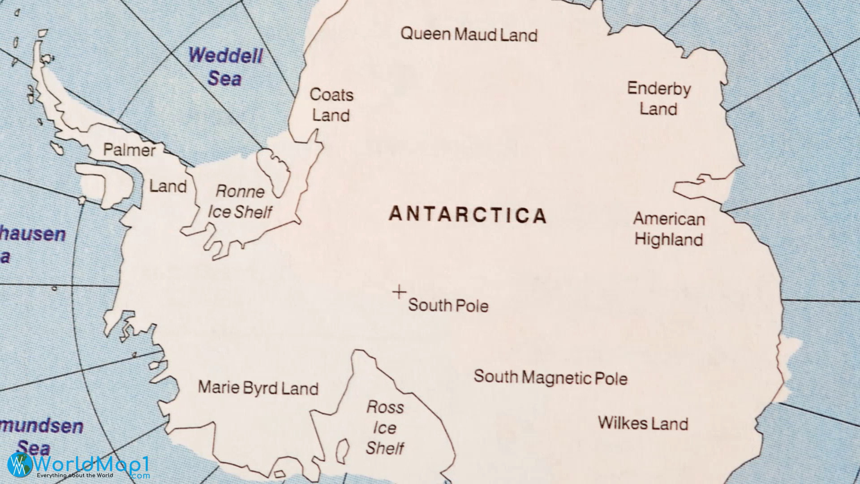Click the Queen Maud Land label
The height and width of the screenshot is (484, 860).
[469, 35]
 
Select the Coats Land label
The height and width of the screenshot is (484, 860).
[331, 105]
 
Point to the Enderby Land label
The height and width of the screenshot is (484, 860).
[658, 99]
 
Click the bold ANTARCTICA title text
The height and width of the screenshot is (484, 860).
[468, 215]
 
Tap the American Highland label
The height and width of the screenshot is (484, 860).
[669, 229]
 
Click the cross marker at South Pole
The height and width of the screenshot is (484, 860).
[399, 293]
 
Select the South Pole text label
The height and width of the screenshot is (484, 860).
[448, 306]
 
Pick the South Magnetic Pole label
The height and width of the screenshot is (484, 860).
[550, 378]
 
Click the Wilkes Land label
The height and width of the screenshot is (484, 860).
[643, 423]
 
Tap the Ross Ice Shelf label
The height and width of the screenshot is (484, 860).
[385, 428]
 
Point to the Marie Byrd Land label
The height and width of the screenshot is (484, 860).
[258, 388]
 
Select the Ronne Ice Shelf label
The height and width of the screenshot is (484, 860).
[240, 202]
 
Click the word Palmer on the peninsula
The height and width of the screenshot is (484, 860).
[129, 150]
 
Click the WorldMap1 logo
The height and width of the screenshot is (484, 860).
[78, 466]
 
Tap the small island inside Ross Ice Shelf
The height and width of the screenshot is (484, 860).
[343, 451]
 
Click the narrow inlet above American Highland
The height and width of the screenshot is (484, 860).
[699, 185]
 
